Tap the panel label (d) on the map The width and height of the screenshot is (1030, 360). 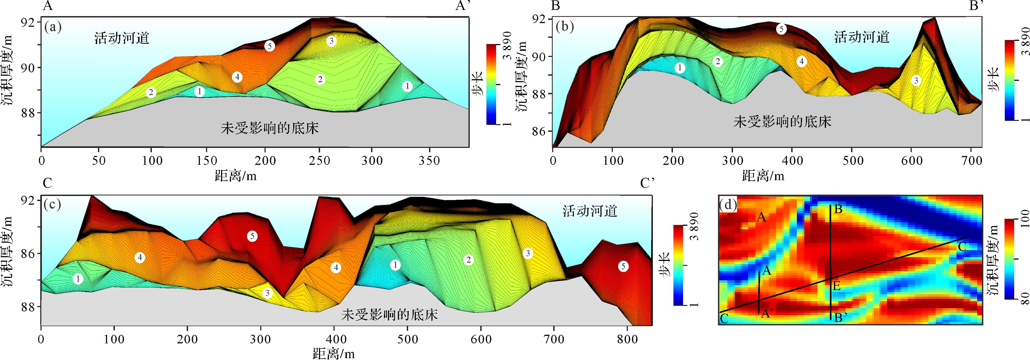pyautogui.click(x=728, y=205)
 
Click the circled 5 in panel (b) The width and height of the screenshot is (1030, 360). pyautogui.click(x=781, y=29)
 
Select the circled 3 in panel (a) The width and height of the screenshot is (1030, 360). pyautogui.click(x=331, y=41)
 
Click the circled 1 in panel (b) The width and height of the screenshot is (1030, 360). pyautogui.click(x=680, y=68)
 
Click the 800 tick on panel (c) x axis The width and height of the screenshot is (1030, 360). pyautogui.click(x=627, y=340)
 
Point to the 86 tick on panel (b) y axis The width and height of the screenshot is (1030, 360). pyautogui.click(x=539, y=131)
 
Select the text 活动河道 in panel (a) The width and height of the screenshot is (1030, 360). pyautogui.click(x=122, y=38)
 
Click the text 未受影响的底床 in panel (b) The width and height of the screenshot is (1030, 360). pyautogui.click(x=782, y=122)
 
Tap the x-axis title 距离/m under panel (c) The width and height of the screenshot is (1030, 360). pyautogui.click(x=334, y=354)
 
